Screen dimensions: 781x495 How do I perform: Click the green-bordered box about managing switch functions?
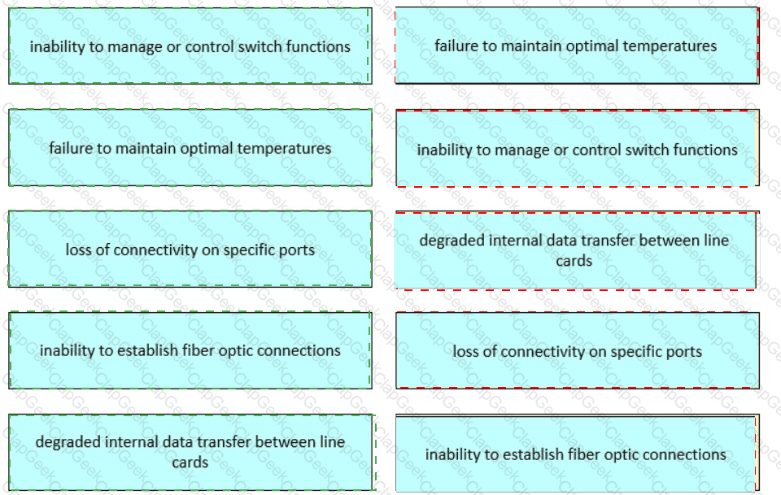coord(190,46)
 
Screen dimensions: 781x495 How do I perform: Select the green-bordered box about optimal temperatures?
coord(190,148)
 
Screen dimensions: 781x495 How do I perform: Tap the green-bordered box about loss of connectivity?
coord(190,249)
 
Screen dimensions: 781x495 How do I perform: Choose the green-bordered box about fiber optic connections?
coord(190,350)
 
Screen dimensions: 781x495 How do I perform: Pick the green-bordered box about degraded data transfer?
coord(191,452)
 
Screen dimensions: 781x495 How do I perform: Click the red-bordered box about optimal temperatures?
coord(578,46)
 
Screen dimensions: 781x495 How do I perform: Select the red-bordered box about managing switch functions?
coord(578,148)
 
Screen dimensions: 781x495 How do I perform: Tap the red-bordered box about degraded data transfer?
coord(576,250)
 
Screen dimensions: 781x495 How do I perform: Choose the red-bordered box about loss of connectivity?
coord(578,351)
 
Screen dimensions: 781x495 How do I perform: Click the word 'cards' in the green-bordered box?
coord(190,462)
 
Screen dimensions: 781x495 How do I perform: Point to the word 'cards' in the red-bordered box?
coord(574,261)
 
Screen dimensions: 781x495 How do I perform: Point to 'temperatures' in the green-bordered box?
coord(284,149)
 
